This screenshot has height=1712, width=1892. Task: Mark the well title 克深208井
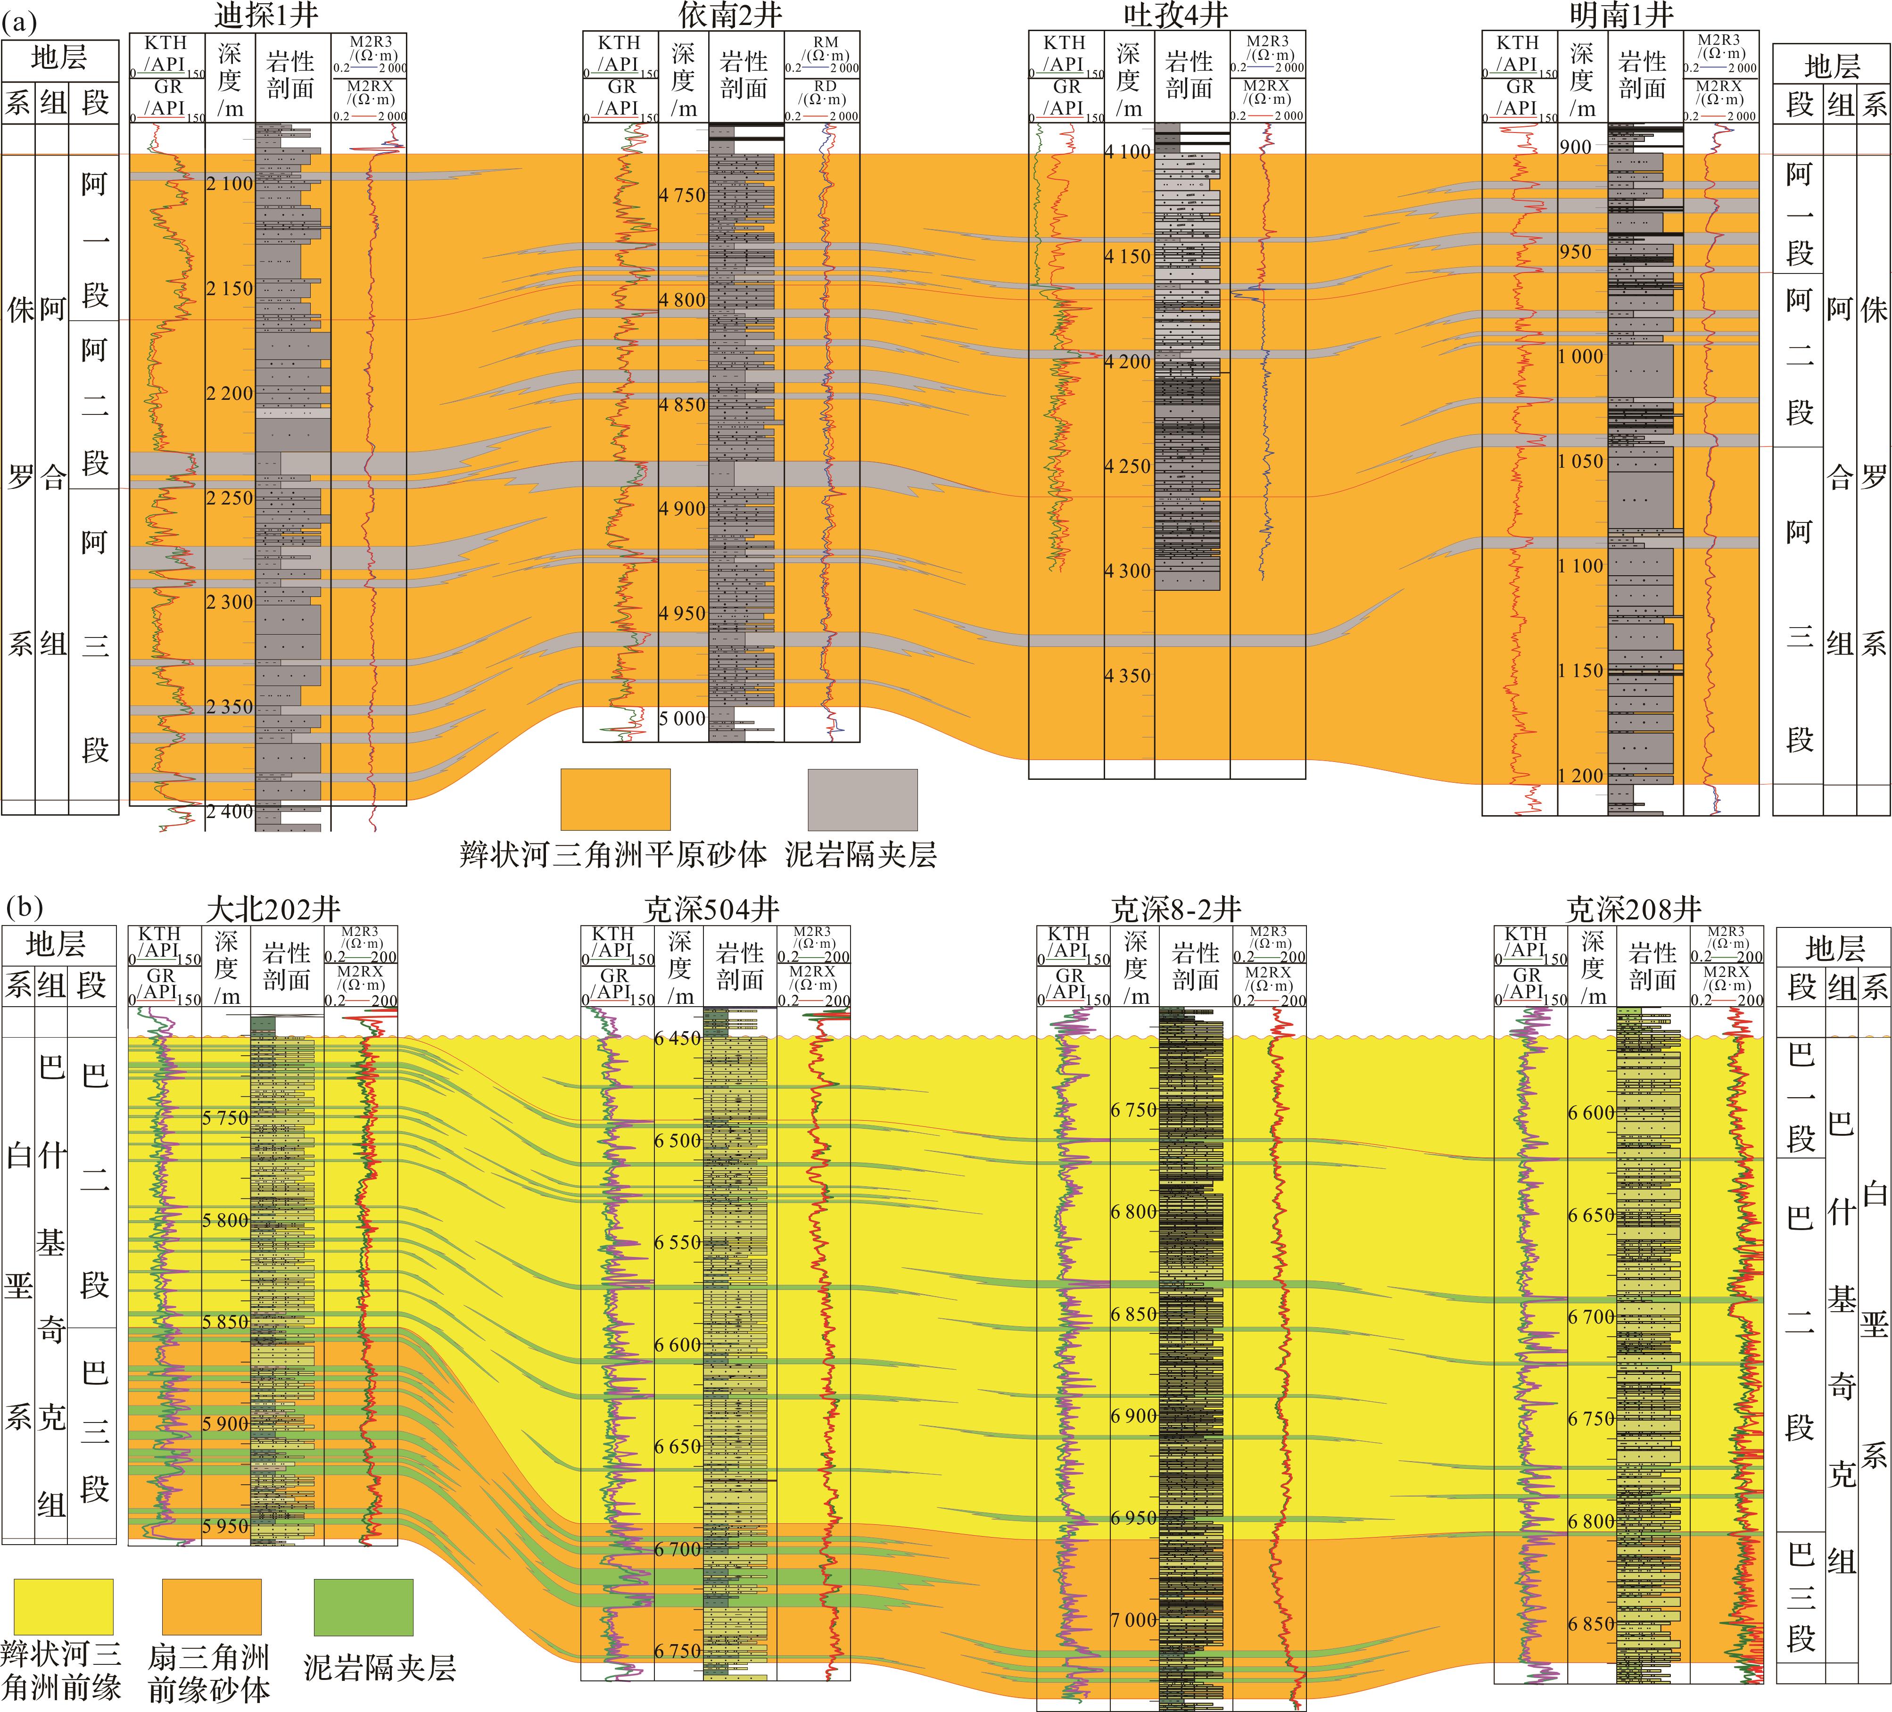click(1633, 909)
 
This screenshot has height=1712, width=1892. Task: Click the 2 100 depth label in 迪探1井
click(230, 184)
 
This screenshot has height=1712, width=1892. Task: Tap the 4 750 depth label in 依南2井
click(682, 195)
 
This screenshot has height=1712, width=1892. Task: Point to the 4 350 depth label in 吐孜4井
click(1127, 676)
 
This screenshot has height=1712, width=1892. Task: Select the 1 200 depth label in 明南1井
click(1581, 775)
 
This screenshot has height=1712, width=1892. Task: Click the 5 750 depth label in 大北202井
click(225, 1118)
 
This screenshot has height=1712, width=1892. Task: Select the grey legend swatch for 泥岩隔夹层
click(862, 800)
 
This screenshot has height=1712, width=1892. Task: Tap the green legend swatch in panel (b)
click(363, 1607)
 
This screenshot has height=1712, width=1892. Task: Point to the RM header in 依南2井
click(825, 42)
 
